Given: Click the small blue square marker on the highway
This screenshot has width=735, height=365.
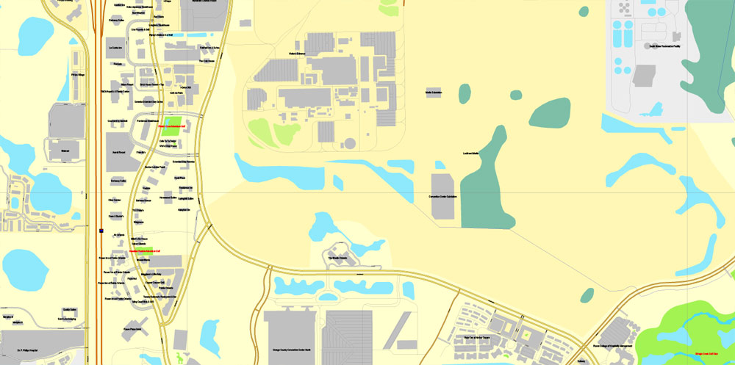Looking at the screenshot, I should point(101,231).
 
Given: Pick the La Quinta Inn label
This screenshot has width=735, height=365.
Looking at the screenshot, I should point(115,48).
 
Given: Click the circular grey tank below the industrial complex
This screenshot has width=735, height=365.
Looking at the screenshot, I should point(350,142).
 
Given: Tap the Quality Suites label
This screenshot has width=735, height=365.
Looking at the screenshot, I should point(70,310).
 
